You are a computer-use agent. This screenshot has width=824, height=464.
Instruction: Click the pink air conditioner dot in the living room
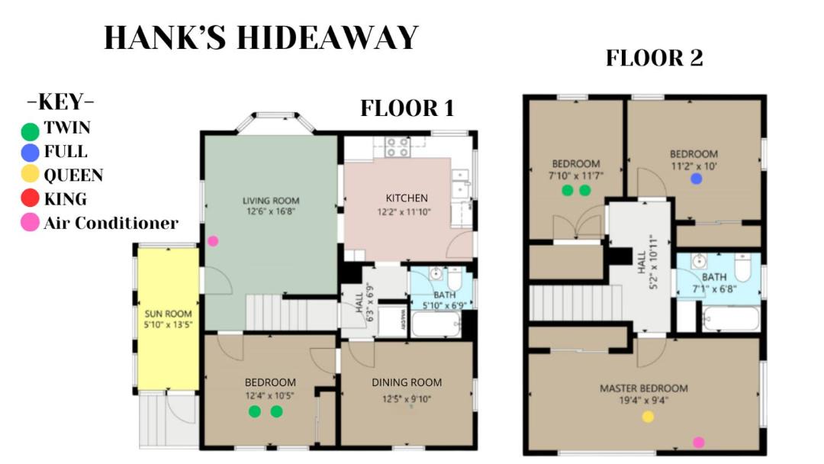tap(213, 241)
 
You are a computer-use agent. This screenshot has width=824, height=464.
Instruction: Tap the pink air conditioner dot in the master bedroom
tap(698, 443)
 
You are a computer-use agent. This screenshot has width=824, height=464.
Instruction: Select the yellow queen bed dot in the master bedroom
tap(648, 417)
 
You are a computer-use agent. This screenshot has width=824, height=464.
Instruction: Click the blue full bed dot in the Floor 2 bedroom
tap(697, 179)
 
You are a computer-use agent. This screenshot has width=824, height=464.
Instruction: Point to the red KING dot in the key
tap(30, 198)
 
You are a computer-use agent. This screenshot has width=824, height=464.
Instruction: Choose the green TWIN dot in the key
tap(30, 131)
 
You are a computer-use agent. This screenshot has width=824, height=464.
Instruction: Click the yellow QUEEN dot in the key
tap(30, 173)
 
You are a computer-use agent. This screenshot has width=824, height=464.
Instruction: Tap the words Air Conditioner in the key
tap(111, 223)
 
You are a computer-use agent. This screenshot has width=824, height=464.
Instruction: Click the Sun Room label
tap(168, 314)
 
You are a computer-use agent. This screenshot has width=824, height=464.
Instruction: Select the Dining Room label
tap(407, 382)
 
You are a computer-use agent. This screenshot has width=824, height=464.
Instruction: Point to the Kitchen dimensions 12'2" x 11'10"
tap(404, 212)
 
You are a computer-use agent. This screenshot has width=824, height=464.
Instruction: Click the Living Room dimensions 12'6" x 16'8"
tap(271, 211)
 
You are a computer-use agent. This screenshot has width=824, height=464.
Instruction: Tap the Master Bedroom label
tap(644, 388)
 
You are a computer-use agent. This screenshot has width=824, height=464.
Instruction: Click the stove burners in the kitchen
tap(398, 147)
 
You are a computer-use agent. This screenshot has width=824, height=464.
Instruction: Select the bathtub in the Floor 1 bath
tap(436, 324)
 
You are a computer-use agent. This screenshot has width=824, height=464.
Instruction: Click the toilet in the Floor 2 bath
tap(742, 267)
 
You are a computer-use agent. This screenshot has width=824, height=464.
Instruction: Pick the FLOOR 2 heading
tap(655, 58)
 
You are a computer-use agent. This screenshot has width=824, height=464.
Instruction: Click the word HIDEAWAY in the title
tap(327, 37)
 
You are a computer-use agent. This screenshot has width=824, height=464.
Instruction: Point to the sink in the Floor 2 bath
tap(698, 261)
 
